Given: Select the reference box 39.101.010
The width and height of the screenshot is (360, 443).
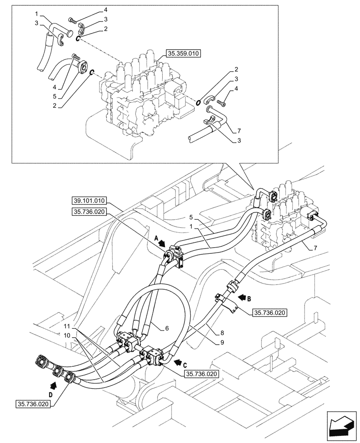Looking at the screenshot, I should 87,201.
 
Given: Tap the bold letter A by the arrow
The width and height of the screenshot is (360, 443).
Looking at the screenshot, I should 156,237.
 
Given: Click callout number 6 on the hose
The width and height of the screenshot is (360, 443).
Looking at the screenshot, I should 167,329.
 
